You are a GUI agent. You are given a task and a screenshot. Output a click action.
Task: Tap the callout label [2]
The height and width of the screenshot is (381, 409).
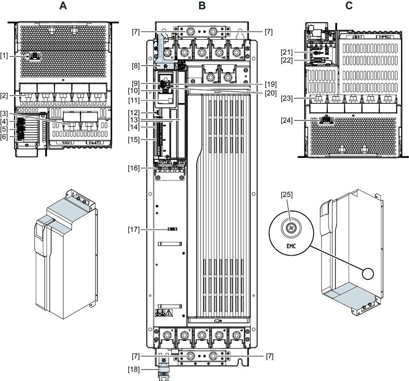pos(7,95)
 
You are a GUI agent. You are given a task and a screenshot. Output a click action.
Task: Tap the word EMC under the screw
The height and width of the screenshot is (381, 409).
pos(290,247)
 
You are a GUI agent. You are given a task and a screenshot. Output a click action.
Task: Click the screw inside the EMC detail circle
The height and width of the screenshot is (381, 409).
pos(289,228)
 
